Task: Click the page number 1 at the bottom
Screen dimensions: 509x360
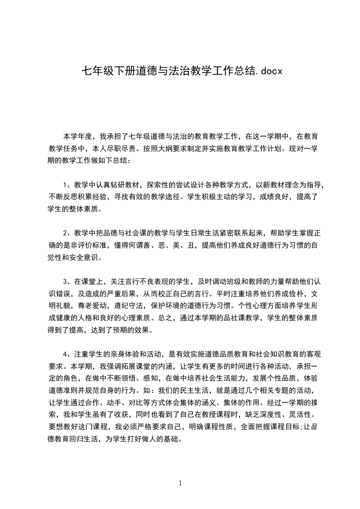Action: coord(180,483)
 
